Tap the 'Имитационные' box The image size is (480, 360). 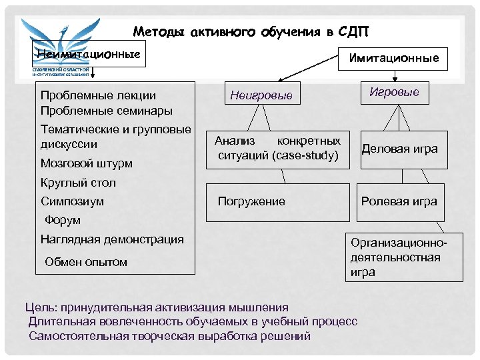click(x=394, y=58)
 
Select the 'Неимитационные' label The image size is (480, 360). click(x=89, y=53)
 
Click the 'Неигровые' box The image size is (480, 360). click(x=261, y=95)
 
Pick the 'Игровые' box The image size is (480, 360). click(x=394, y=93)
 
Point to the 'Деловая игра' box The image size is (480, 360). click(x=399, y=149)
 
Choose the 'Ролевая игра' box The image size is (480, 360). click(x=399, y=201)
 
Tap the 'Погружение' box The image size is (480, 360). click(x=251, y=201)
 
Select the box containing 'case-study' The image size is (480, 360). click(x=278, y=149)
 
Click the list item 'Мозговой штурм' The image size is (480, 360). click(x=87, y=163)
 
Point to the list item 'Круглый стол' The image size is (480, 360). click(x=78, y=183)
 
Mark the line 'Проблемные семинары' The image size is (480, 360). click(x=107, y=111)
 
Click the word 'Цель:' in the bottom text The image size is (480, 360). click(x=41, y=307)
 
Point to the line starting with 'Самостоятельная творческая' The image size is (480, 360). click(x=169, y=336)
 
